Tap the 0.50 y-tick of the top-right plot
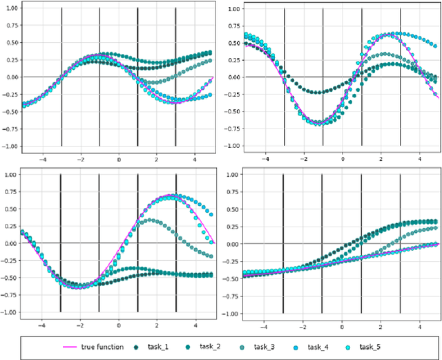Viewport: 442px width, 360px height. [233, 43]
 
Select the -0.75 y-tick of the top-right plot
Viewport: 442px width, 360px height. [232, 129]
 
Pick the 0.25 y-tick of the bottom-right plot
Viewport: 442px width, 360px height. [233, 226]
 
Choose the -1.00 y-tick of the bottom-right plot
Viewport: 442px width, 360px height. [232, 313]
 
